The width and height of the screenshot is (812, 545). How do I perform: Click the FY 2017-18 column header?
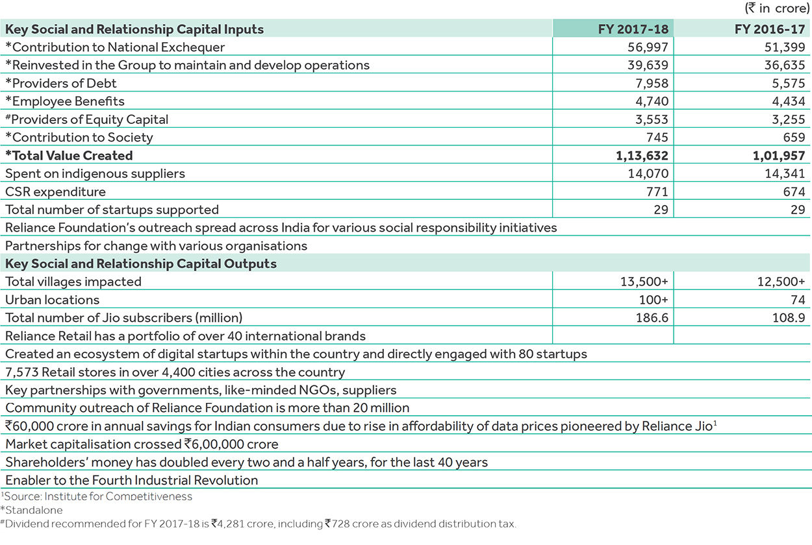(633, 29)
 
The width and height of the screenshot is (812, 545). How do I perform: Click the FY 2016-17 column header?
(770, 29)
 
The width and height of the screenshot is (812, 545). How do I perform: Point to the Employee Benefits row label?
(65, 101)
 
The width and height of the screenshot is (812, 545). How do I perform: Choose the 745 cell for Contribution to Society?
(656, 138)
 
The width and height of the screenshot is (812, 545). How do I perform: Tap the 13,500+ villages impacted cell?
(645, 282)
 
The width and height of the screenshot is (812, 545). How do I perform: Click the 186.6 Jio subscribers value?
(652, 318)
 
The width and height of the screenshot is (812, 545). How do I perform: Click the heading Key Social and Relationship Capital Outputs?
(141, 264)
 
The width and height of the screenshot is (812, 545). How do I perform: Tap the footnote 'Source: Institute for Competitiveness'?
(97, 496)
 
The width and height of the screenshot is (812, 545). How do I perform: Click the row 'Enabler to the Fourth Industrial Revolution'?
(132, 481)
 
